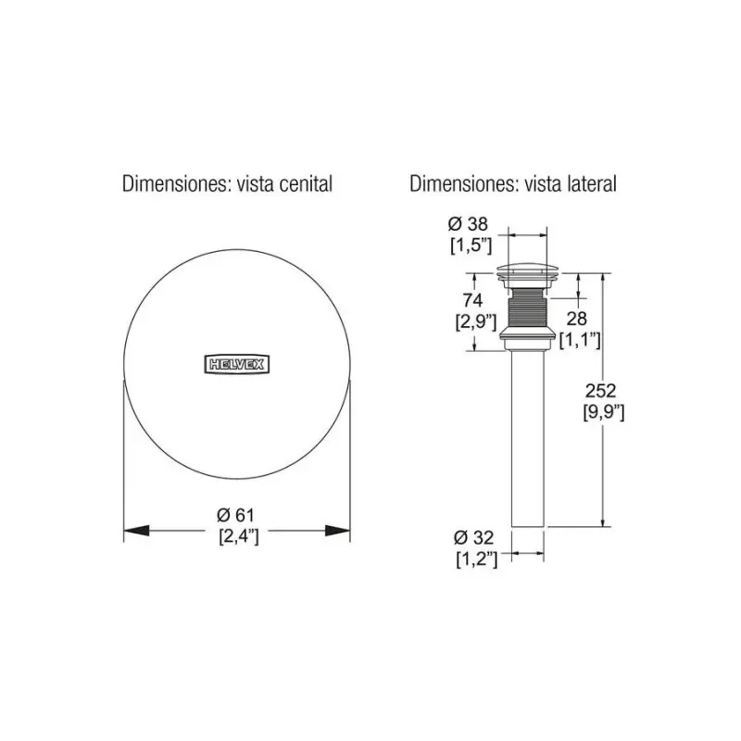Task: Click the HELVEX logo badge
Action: [237, 364]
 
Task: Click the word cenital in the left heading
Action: [306, 183]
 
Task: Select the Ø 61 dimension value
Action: [236, 515]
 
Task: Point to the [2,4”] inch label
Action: [239, 536]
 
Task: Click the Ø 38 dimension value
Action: [468, 223]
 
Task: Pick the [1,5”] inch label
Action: [471, 245]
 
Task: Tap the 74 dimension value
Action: [472, 300]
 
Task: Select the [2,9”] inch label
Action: [476, 321]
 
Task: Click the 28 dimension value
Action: [576, 319]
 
